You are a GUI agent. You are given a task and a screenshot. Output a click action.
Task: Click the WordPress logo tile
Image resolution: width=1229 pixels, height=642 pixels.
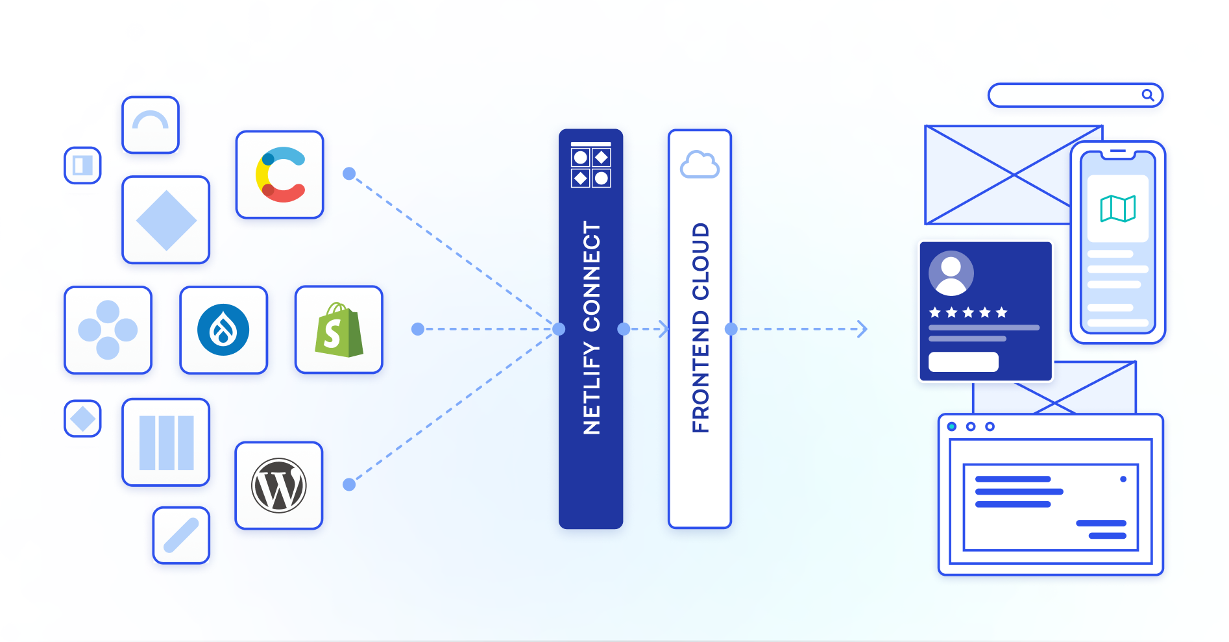279,486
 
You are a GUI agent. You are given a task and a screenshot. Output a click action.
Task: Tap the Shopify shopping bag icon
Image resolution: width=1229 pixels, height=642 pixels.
339,330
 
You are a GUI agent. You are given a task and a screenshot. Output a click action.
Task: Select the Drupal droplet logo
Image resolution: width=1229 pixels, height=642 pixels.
223,330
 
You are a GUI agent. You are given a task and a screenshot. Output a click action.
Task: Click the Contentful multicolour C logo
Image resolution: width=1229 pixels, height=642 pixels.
280,175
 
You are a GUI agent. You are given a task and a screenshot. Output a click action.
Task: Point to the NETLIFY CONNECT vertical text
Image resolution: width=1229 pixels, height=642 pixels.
591,328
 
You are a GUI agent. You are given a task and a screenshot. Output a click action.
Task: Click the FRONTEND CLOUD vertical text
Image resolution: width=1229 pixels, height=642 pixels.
700,328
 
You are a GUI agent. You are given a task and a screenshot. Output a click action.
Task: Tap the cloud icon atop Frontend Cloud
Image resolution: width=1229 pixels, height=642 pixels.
700,165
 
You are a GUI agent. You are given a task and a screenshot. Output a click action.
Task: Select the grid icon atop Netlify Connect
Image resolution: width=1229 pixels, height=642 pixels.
590,165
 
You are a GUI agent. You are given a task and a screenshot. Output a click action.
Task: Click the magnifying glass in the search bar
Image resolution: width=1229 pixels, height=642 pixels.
1148,95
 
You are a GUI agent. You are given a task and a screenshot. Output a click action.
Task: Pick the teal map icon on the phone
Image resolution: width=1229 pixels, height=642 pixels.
1117,208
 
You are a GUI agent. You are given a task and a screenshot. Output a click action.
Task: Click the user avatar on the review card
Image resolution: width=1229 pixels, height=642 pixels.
951,273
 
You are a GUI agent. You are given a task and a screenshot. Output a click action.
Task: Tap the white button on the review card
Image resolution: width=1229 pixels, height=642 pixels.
963,362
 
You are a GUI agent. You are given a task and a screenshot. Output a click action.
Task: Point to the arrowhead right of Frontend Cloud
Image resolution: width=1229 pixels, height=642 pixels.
862,329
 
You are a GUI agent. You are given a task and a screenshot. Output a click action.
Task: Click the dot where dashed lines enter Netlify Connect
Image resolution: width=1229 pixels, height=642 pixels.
559,329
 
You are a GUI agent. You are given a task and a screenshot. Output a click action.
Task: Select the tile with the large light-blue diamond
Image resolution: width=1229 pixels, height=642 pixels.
166,220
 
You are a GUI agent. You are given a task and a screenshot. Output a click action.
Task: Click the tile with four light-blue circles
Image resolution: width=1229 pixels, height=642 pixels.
108,330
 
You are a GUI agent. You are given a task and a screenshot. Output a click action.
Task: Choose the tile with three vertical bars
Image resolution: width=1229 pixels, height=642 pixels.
166,443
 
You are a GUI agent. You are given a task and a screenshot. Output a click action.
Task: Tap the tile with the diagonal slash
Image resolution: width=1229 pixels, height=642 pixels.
181,536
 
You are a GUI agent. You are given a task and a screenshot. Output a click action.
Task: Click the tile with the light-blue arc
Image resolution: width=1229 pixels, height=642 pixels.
151,125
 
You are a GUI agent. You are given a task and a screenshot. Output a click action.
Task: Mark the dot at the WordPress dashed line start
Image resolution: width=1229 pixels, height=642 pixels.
349,484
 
